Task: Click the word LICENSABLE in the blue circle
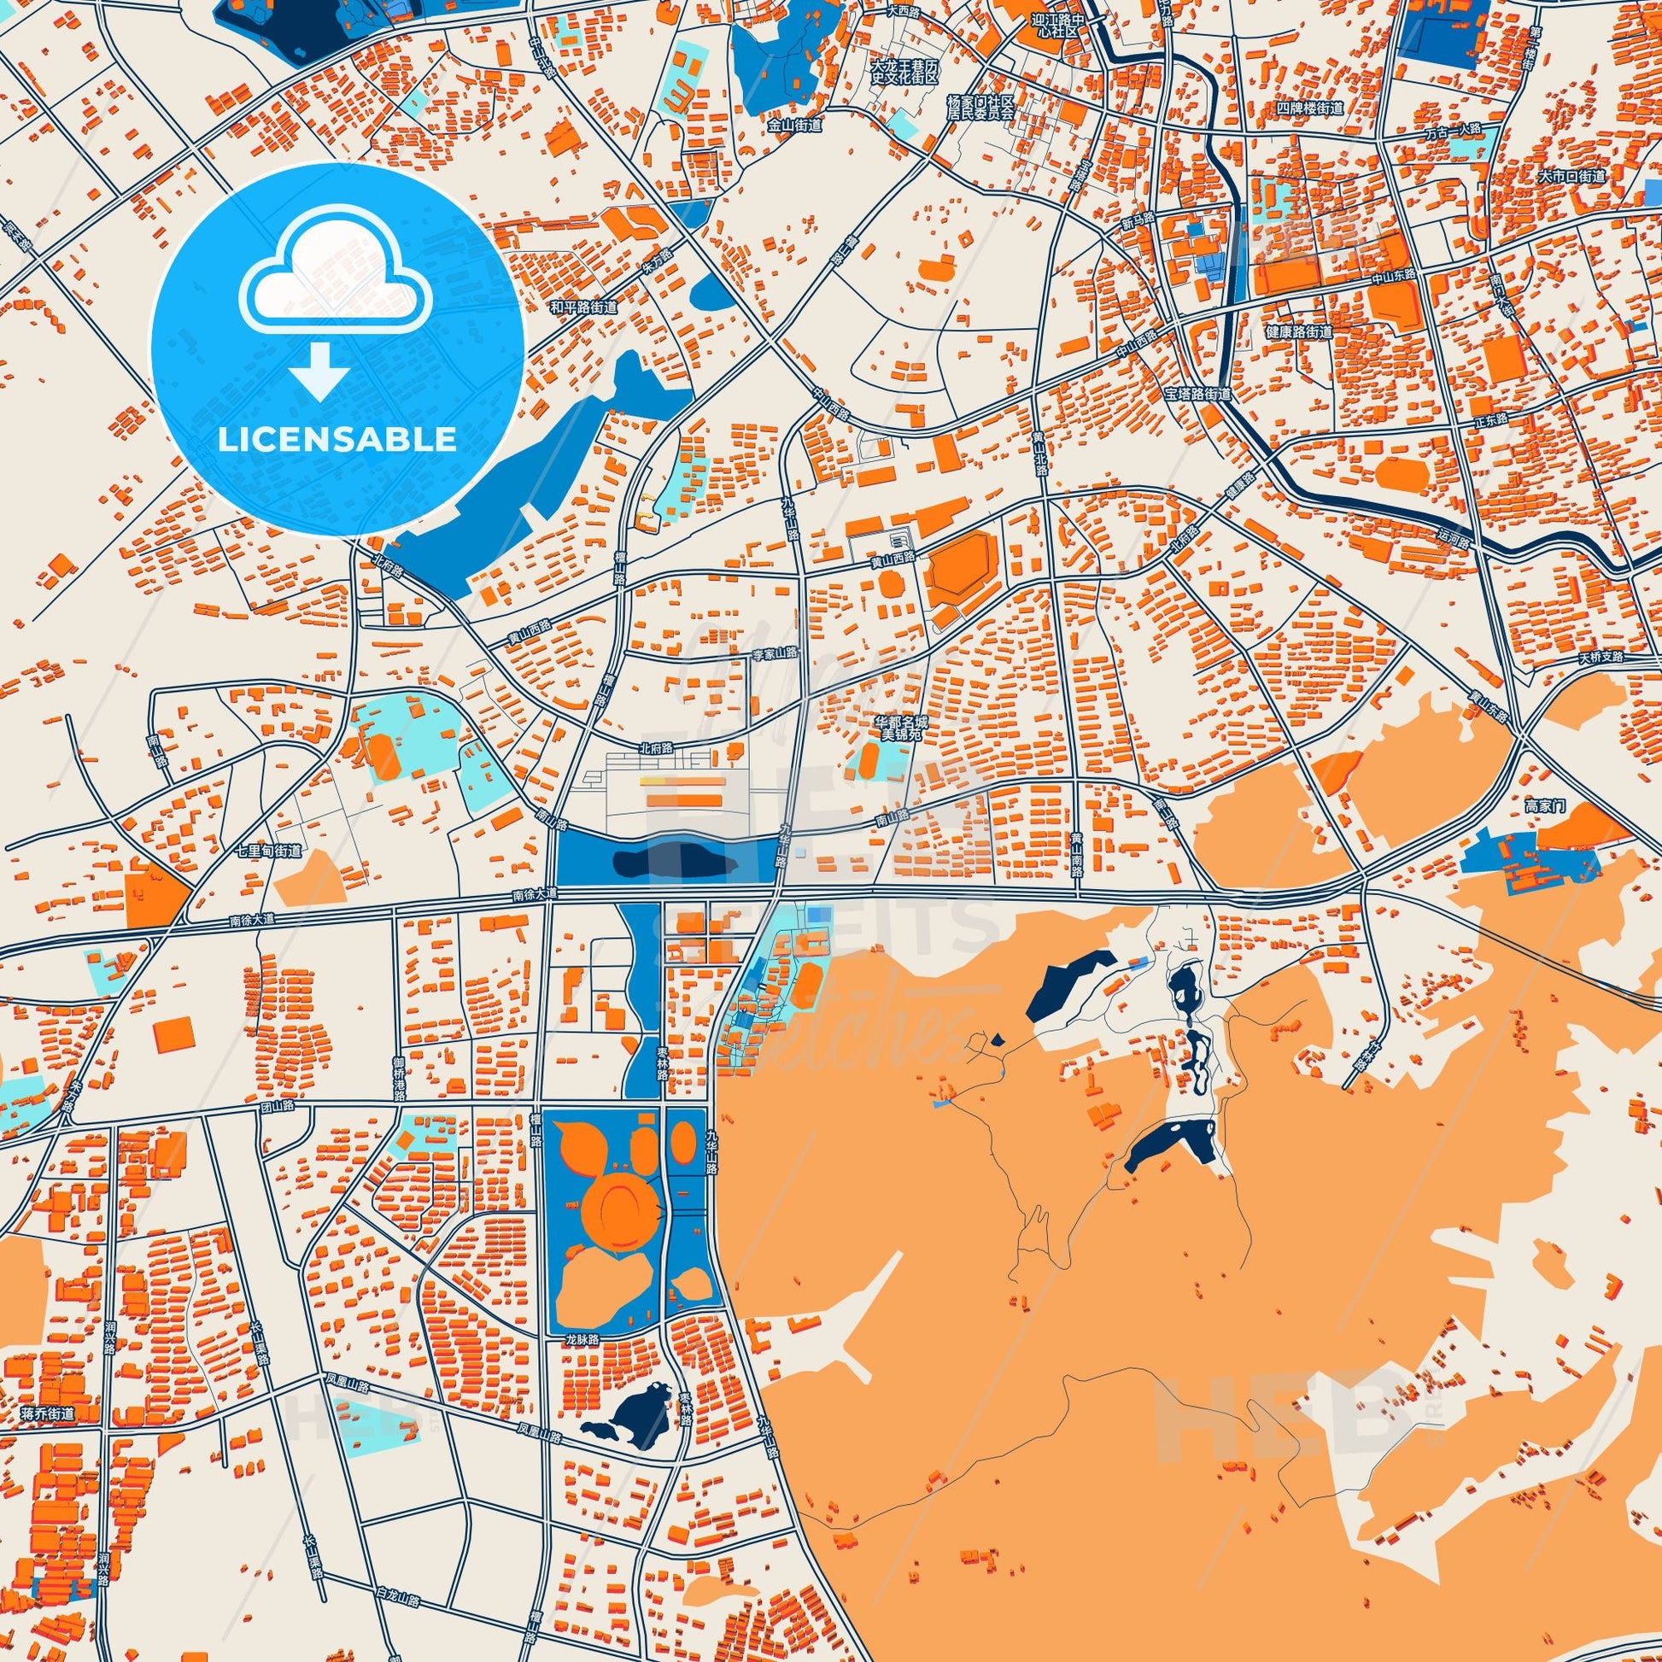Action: click(337, 439)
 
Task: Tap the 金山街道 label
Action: click(795, 125)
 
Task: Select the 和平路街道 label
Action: click(584, 307)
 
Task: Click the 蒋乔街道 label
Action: click(49, 1413)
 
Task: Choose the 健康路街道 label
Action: click(1299, 331)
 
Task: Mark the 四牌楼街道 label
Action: click(1310, 108)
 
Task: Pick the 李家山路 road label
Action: click(775, 654)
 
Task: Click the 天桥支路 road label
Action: click(1600, 658)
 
